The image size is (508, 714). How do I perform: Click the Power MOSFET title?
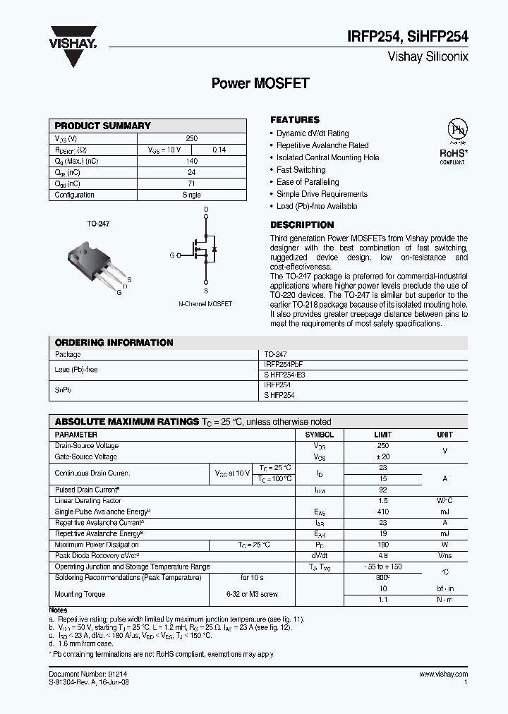[x=260, y=83]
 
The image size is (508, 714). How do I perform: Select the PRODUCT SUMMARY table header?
[x=103, y=126]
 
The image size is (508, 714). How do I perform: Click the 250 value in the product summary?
[x=191, y=138]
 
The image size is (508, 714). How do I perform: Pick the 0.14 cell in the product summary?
[x=219, y=150]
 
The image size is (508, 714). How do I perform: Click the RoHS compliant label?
[x=453, y=155]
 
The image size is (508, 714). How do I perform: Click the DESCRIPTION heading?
[x=302, y=225]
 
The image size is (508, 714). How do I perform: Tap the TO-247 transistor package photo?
[x=90, y=261]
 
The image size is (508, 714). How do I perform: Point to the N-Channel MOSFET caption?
[x=205, y=304]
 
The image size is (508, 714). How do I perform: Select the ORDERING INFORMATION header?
[x=114, y=342]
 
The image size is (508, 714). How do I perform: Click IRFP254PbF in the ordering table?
[x=284, y=364]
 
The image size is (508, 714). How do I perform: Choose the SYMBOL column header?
[x=319, y=435]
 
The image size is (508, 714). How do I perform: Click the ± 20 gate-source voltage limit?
[x=383, y=457]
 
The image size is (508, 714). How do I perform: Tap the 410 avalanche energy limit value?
[x=383, y=512]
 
